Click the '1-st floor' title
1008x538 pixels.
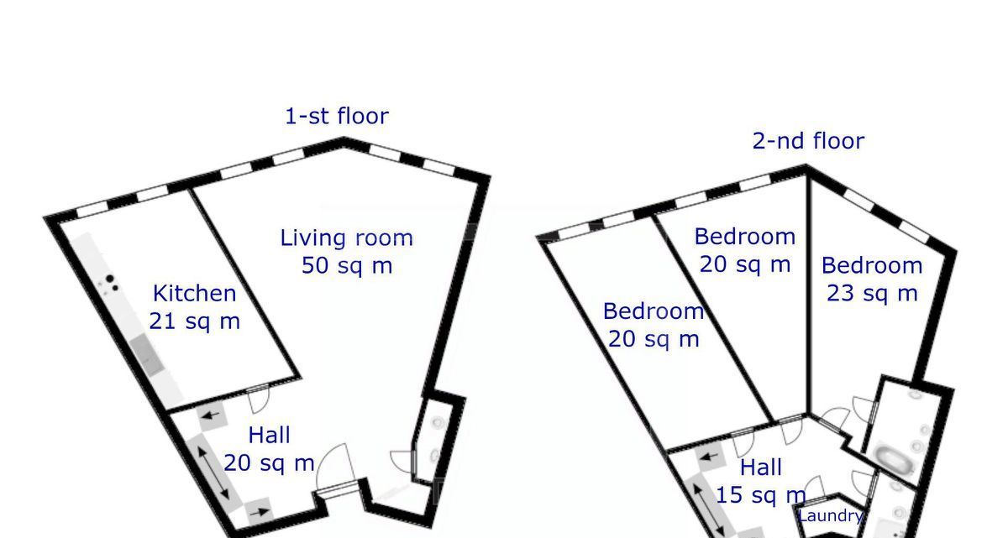[x=337, y=116]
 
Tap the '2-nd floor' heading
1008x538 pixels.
[x=808, y=141]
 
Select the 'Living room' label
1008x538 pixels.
[x=346, y=238]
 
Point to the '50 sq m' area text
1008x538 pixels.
[x=347, y=265]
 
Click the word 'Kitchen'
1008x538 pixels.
[x=194, y=294]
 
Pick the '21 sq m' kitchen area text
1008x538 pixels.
[x=194, y=321]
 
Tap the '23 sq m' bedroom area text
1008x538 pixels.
[x=872, y=294]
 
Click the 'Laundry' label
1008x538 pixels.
[x=830, y=515]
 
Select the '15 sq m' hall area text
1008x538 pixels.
[x=760, y=495]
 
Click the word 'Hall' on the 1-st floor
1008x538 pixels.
[x=269, y=435]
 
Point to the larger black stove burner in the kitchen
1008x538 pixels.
[x=109, y=279]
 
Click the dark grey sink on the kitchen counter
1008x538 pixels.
[x=146, y=355]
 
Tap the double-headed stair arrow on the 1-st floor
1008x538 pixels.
[x=213, y=473]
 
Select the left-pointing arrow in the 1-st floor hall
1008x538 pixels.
[x=211, y=414]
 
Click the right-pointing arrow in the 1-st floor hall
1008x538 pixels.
[x=261, y=511]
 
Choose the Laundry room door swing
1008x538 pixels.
[x=814, y=487]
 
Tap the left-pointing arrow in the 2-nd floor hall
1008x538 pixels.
[x=710, y=457]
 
